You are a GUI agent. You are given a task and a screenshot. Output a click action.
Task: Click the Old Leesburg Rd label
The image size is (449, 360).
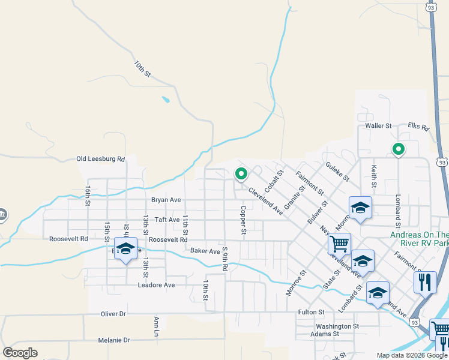(100, 159)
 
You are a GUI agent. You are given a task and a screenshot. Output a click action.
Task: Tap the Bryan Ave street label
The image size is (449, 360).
(166, 200)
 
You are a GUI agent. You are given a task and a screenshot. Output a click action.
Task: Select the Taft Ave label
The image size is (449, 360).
(167, 220)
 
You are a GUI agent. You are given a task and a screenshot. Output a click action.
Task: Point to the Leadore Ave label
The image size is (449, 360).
(156, 285)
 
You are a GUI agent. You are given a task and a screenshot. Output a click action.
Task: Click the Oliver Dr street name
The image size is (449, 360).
(113, 314)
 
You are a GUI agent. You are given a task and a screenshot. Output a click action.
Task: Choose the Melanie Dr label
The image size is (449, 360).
(114, 340)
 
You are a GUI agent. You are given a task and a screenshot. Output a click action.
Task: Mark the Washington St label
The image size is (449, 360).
(337, 327)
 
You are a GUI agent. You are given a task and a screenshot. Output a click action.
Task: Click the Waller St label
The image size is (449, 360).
(378, 126)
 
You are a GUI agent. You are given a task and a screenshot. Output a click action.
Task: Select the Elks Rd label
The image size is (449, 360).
(418, 127)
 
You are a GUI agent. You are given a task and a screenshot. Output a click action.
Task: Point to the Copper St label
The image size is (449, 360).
(244, 220)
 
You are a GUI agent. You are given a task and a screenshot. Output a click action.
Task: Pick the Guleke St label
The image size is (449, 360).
(337, 171)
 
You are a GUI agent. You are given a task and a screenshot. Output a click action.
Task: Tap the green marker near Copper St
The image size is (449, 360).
(241, 174)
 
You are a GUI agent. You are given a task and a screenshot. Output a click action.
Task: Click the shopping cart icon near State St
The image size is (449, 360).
(339, 244)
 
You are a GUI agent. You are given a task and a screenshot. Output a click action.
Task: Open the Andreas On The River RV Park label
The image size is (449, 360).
(419, 239)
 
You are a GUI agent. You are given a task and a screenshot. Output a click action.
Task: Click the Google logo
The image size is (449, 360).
(20, 353)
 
